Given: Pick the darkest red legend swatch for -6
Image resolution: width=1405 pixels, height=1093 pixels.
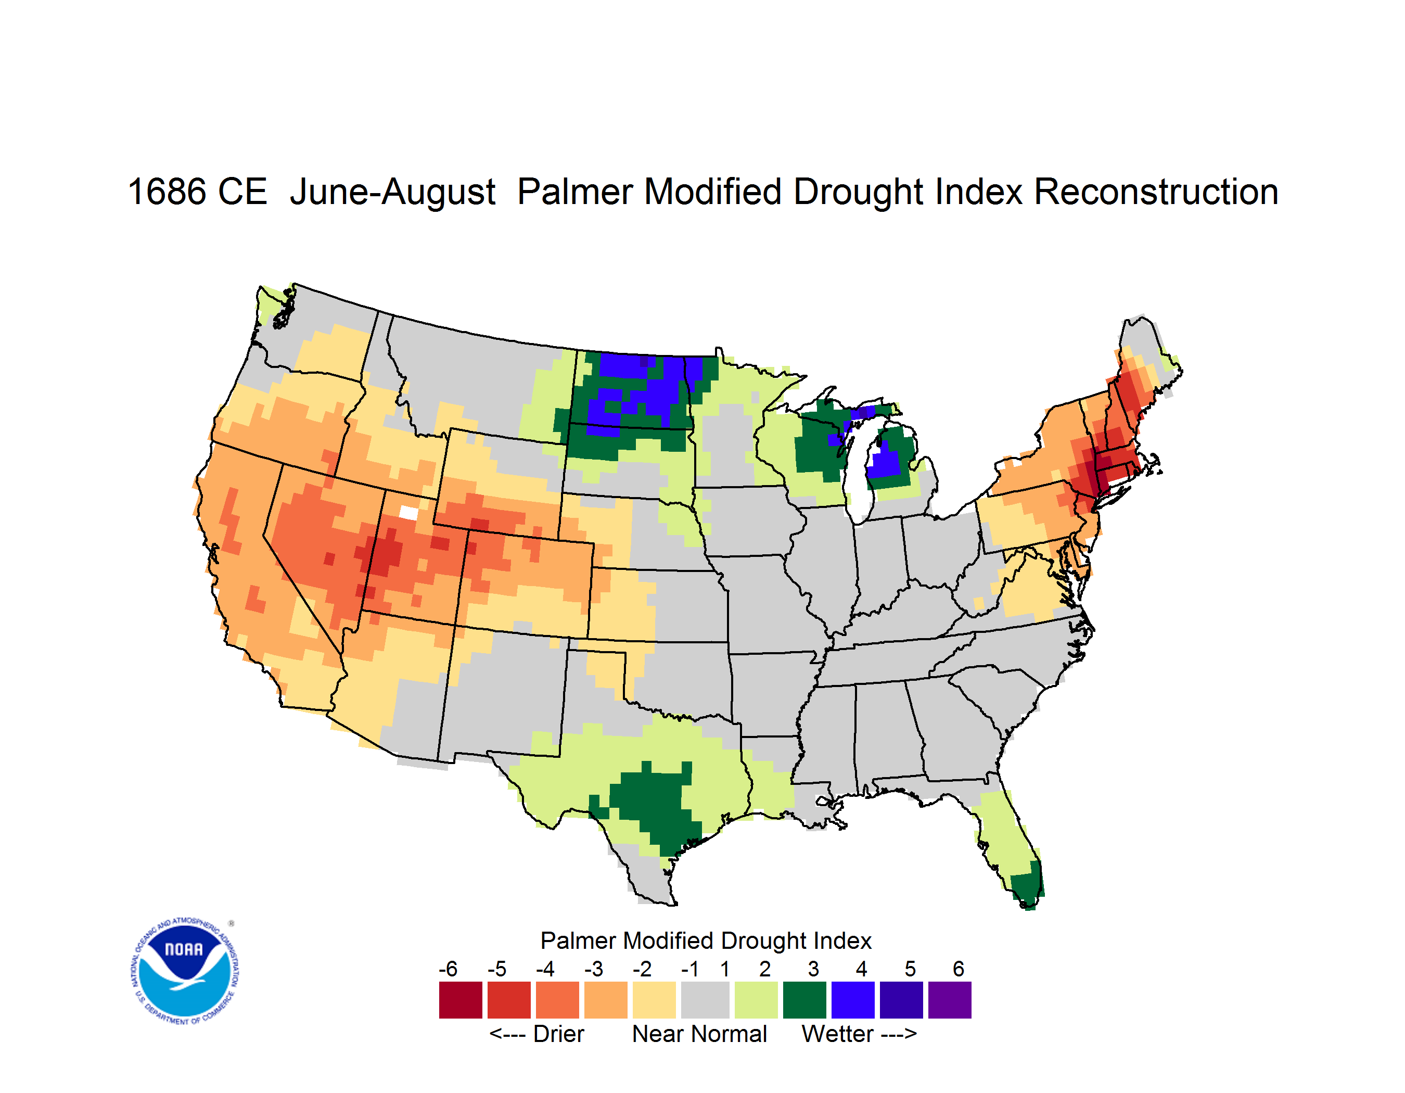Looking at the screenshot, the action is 460,1000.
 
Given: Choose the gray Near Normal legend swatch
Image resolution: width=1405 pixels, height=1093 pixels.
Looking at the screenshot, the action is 705,1000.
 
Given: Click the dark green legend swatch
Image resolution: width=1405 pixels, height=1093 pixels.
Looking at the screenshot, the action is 804,1000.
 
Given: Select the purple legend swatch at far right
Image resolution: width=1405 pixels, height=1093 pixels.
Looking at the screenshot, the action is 950,1000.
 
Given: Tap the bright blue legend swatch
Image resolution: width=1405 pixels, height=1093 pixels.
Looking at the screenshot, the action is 853,1000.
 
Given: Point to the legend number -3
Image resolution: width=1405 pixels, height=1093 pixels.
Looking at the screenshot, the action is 594,969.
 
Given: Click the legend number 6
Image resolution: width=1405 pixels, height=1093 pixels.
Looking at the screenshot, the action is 959,969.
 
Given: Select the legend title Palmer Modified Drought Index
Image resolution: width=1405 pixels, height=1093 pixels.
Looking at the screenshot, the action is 706,941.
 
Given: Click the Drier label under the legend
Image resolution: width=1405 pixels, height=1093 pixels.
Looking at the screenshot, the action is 558,1034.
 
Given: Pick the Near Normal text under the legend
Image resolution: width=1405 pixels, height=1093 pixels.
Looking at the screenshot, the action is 699,1034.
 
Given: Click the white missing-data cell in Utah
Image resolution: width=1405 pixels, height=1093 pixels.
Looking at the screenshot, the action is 408,512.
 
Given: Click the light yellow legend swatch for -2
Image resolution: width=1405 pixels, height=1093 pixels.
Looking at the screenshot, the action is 654,1000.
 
